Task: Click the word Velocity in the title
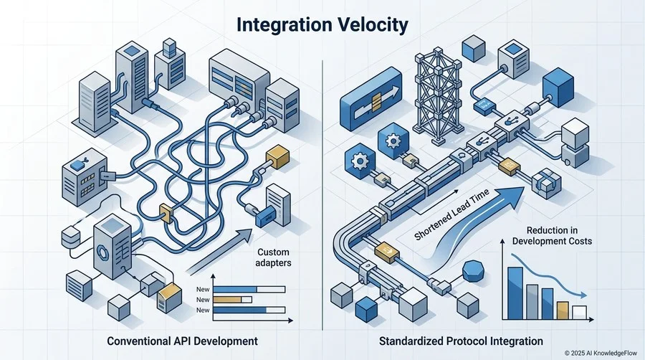click(373, 24)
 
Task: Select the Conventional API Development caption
click(182, 341)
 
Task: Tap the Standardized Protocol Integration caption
click(461, 341)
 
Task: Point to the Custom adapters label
click(273, 257)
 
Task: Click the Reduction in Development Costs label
click(552, 235)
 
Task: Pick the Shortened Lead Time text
click(451, 214)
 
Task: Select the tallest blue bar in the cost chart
click(515, 293)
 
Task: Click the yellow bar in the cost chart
click(563, 311)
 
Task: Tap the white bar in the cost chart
click(579, 313)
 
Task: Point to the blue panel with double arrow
click(371, 100)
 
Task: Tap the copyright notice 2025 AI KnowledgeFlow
click(601, 353)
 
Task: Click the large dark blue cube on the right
click(558, 88)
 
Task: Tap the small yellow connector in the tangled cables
click(166, 214)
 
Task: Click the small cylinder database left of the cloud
click(70, 236)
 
